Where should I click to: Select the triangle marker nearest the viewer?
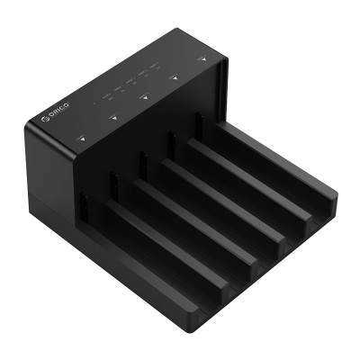(x=81, y=139)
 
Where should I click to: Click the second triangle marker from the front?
(x=113, y=117)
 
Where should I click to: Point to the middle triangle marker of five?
(x=145, y=97)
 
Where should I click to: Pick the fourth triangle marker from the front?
(x=175, y=78)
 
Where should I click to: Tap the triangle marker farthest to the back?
(x=205, y=60)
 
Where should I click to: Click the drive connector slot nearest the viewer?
(x=82, y=205)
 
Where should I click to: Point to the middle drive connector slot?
(x=142, y=161)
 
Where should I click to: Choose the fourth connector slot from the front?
(x=171, y=141)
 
